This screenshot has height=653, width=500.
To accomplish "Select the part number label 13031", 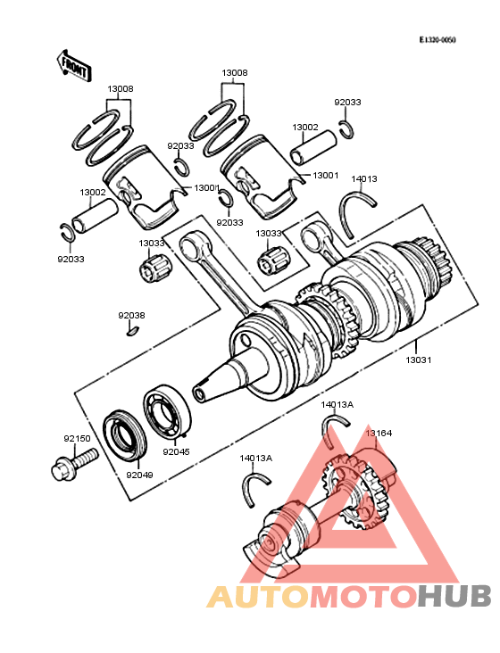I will [x=420, y=360].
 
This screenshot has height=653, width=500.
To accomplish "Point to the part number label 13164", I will [x=378, y=433].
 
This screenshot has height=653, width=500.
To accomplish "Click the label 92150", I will [x=76, y=439].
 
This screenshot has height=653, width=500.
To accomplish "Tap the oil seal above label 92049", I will [x=124, y=432].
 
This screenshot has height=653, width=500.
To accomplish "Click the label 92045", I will [x=176, y=451].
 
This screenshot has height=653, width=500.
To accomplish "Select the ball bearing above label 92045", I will [x=166, y=412].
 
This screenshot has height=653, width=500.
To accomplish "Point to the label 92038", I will [x=131, y=315].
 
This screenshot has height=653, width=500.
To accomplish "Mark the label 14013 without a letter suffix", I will [x=363, y=179].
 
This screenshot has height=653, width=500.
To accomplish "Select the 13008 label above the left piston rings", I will [x=121, y=89].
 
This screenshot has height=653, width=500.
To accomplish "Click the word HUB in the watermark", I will [x=454, y=596].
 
